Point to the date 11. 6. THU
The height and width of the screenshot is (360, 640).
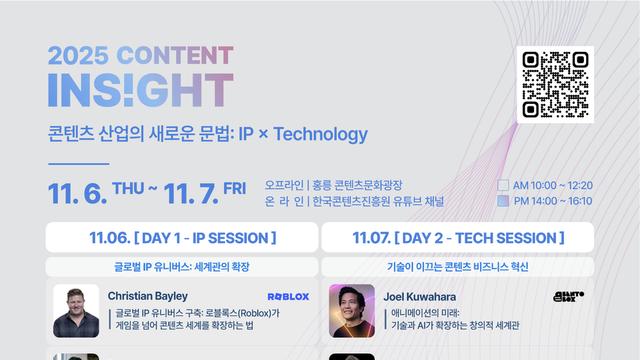click(96, 191)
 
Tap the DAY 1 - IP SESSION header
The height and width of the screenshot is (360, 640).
click(181, 238)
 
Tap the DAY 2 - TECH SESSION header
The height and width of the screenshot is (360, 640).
click(458, 238)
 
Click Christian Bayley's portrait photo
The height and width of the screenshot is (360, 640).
click(75, 311)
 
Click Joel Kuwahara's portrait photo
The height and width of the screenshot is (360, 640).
click(352, 311)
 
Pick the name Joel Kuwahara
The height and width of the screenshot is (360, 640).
click(421, 296)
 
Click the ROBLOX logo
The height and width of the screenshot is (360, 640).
click(289, 297)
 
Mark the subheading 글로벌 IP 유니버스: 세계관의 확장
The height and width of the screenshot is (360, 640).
click(181, 268)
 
